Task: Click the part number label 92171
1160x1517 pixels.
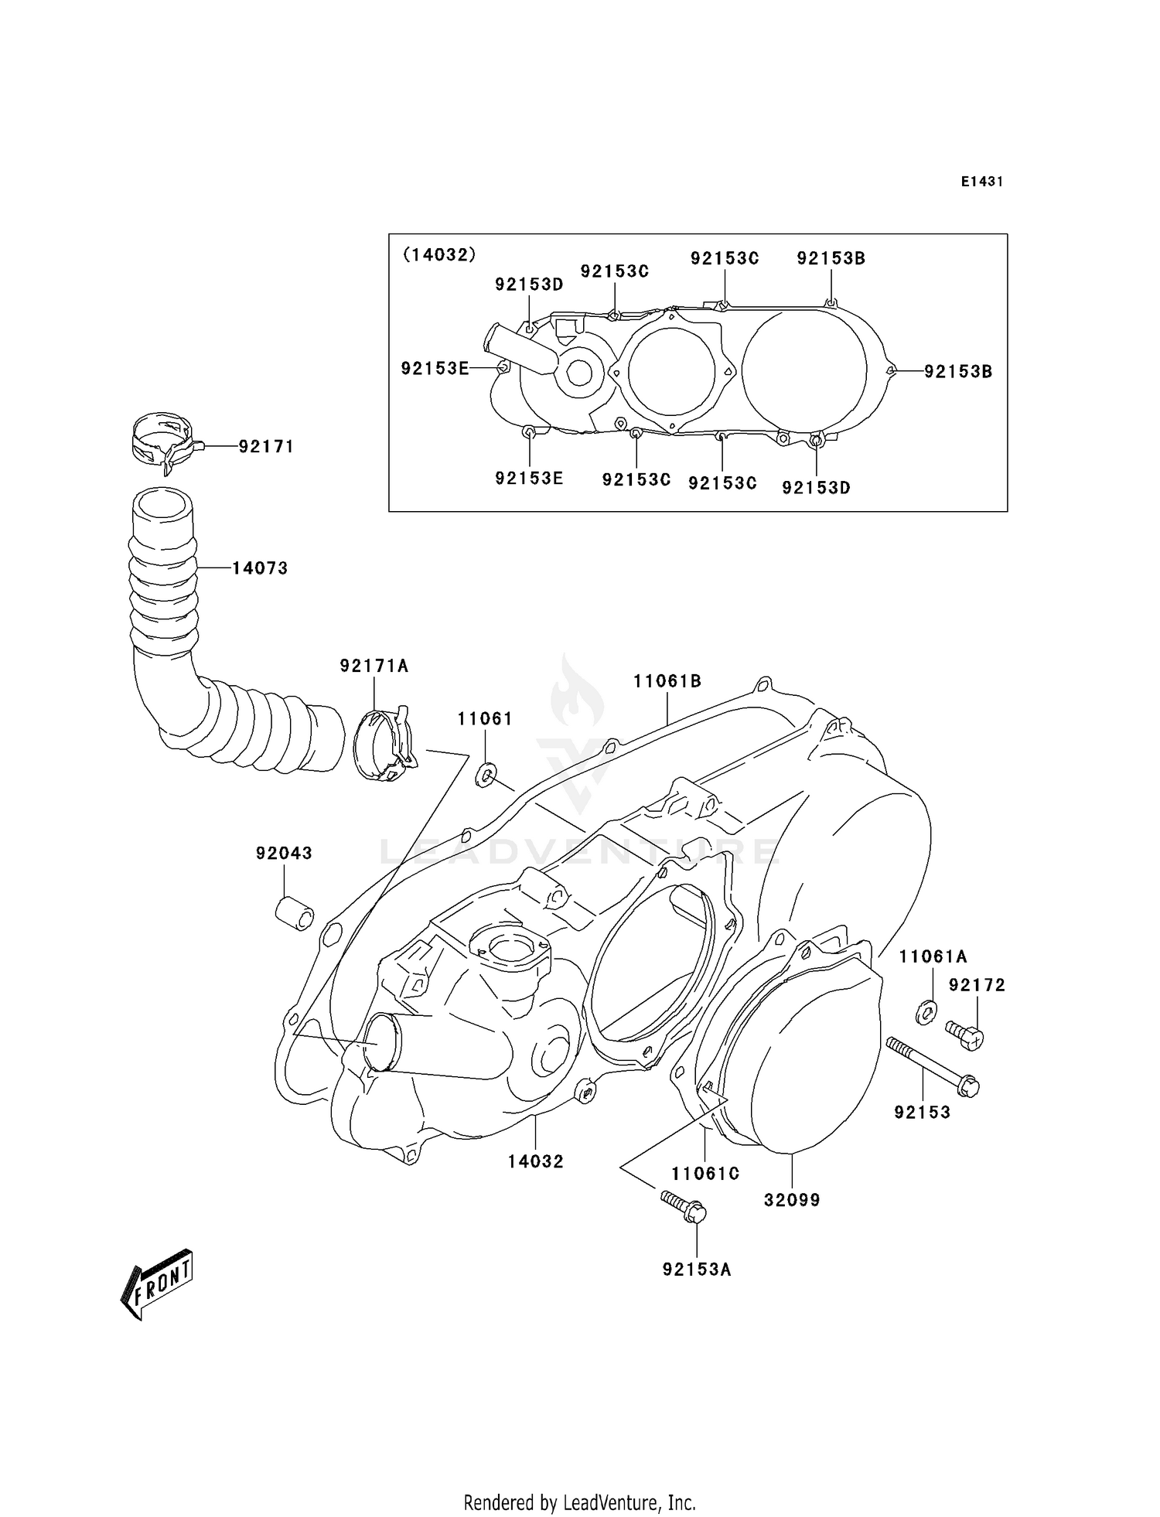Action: [266, 447]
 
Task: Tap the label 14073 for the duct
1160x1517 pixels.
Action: [260, 568]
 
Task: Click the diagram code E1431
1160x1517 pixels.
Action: [981, 182]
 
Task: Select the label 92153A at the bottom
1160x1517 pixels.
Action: [696, 1270]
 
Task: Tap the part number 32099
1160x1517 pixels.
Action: [792, 1200]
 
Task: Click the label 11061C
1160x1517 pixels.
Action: [705, 1174]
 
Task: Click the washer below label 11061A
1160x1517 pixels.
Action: [925, 1011]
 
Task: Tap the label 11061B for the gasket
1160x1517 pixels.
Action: [667, 681]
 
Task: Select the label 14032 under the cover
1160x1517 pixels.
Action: [535, 1161]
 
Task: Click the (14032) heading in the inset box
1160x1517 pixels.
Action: [438, 254]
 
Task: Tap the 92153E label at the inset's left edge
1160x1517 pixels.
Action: [435, 369]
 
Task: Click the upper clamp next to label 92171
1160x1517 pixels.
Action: [162, 442]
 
